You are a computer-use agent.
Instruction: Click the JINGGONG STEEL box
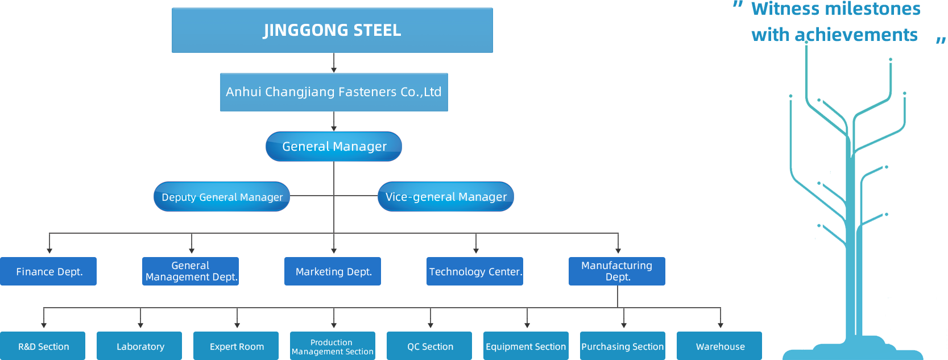click(x=332, y=30)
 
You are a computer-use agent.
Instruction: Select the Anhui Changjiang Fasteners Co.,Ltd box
click(x=334, y=92)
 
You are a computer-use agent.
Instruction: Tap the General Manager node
click(x=333, y=146)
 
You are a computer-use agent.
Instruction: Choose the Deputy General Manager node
click(x=222, y=197)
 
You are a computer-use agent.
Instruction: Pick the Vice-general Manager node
click(x=446, y=197)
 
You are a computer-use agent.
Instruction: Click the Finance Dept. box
click(x=48, y=271)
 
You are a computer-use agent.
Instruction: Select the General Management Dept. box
click(x=191, y=271)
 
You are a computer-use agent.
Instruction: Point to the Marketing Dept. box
click(x=333, y=271)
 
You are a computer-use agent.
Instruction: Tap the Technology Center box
click(x=475, y=271)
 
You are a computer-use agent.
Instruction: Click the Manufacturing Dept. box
click(x=617, y=271)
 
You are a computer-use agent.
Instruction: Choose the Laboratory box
click(x=139, y=346)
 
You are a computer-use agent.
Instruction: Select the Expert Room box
click(x=236, y=346)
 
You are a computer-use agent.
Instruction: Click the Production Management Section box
click(x=333, y=346)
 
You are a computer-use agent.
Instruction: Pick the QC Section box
click(x=429, y=346)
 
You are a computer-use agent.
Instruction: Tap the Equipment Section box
click(x=526, y=346)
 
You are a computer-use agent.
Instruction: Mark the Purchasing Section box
click(x=623, y=346)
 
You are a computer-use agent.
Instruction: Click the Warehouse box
click(x=719, y=346)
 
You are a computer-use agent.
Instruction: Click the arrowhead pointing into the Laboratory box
click(x=140, y=325)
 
